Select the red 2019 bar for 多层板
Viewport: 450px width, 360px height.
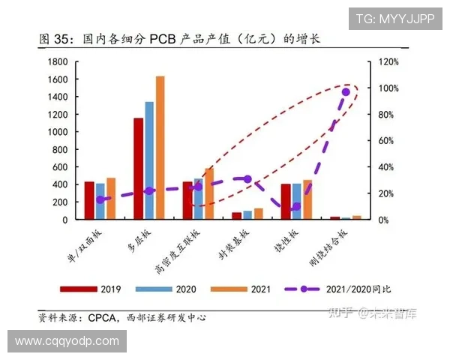[139, 169]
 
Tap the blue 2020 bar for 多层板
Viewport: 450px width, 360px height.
[149, 160]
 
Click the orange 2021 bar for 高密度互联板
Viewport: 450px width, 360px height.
[208, 193]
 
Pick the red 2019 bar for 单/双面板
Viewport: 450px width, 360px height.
[89, 200]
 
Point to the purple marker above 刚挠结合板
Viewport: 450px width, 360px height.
[346, 92]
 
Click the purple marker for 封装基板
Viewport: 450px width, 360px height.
[247, 179]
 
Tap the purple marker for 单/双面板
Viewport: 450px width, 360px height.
[100, 200]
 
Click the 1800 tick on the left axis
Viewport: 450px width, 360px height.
[58, 61]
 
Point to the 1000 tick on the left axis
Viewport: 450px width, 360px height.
[58, 132]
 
